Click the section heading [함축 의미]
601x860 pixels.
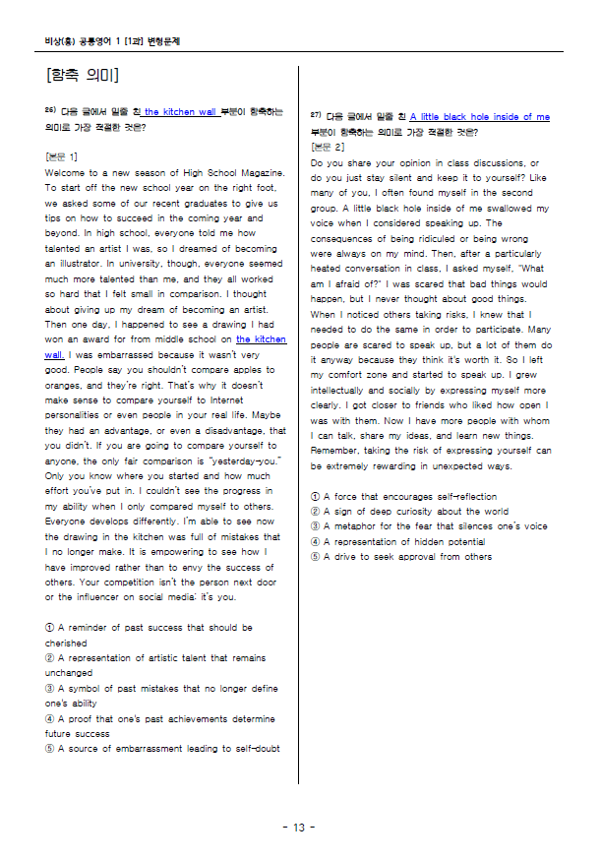pyautogui.click(x=82, y=76)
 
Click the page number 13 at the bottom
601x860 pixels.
pyautogui.click(x=299, y=827)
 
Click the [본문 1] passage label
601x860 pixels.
pyautogui.click(x=62, y=156)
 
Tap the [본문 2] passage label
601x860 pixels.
pyautogui.click(x=327, y=147)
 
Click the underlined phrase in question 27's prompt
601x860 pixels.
pyautogui.click(x=480, y=117)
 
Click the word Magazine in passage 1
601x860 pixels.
pyautogui.click(x=258, y=172)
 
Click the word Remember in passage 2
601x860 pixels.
pyautogui.click(x=337, y=450)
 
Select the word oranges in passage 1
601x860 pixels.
pyautogui.click(x=65, y=385)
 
